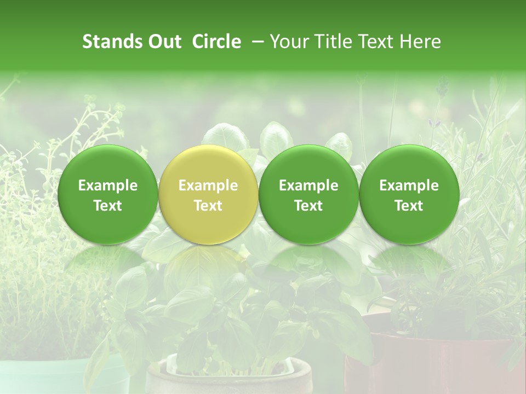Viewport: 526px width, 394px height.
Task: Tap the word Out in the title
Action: tap(164, 42)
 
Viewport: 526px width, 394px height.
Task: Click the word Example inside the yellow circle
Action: tap(208, 186)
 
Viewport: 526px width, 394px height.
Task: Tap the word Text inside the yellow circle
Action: tap(208, 206)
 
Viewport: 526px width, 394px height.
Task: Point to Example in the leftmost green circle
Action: tap(107, 186)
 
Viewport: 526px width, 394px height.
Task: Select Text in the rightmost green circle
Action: tap(409, 206)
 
